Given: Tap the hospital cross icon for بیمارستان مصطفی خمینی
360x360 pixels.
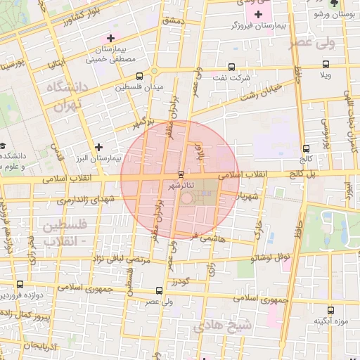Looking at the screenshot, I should [x=110, y=38].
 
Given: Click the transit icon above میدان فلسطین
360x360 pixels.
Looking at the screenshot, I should [x=139, y=76].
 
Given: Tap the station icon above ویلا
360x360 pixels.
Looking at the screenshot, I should [x=326, y=64].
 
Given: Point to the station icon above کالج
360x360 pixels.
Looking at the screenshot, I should [x=306, y=148].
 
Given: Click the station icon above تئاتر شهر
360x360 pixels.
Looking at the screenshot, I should [x=181, y=173].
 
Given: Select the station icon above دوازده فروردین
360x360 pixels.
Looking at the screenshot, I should [x=19, y=285].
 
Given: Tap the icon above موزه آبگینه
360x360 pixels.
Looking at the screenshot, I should [x=330, y=309].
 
